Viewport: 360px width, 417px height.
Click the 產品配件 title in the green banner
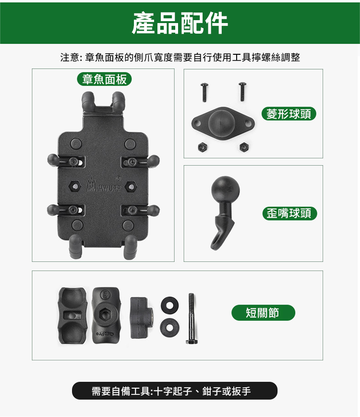180,23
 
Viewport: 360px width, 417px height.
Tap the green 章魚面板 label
105,79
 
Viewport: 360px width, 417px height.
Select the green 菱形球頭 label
289,114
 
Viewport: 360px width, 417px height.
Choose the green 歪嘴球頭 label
289,213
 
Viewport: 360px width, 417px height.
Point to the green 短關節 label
264,312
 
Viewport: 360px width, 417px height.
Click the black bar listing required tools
175,391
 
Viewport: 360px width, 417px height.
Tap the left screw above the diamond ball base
204,92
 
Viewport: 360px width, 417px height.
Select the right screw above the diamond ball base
242,91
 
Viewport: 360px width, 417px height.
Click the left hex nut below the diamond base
203,147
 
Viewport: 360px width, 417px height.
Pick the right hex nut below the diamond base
244,147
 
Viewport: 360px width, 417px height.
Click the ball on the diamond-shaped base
222,122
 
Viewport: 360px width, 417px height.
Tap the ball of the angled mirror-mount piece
225,190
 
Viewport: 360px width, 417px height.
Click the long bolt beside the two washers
192,319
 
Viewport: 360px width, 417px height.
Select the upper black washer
169,305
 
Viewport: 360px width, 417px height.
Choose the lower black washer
169,327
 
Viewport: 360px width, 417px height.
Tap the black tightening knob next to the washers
141,318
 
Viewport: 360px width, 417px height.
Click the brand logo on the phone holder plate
104,185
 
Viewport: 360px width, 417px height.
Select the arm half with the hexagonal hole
106,315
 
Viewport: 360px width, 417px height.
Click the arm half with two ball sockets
72,316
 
